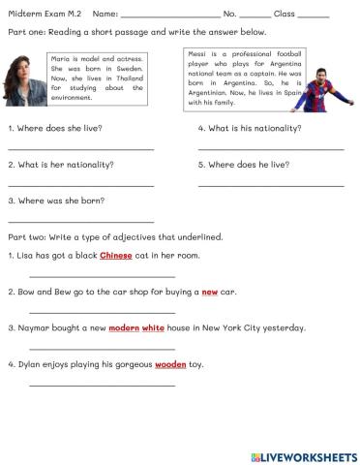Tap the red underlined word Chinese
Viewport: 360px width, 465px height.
click(x=116, y=256)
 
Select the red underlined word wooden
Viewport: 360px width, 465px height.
click(x=171, y=364)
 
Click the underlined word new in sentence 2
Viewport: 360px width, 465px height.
click(x=209, y=292)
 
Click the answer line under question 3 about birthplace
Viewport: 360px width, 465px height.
click(x=80, y=221)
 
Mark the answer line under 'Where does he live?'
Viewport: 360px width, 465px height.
click(x=271, y=184)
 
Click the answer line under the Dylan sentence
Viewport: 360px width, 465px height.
click(x=102, y=385)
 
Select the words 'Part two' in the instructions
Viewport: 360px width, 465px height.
click(x=24, y=237)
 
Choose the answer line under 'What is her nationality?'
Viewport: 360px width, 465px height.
click(x=80, y=184)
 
